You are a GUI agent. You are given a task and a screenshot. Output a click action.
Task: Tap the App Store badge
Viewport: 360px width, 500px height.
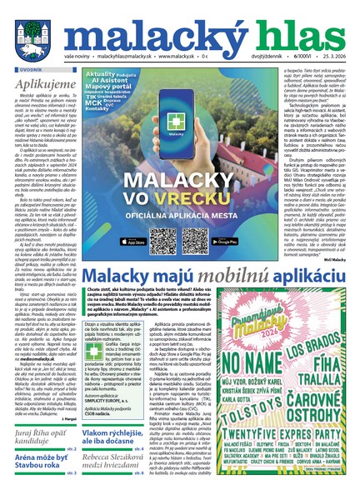pyautogui.click(x=137, y=242)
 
